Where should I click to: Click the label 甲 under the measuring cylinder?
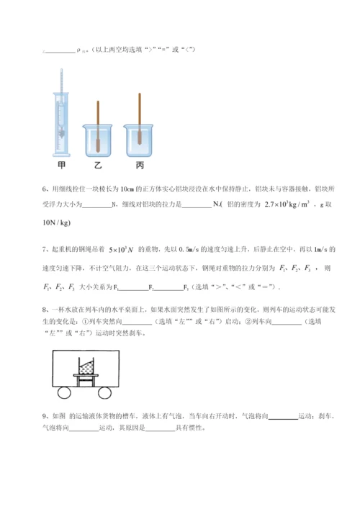(62, 165)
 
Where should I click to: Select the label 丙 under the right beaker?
(139, 165)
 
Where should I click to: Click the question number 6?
(45, 190)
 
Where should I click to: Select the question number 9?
(45, 415)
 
